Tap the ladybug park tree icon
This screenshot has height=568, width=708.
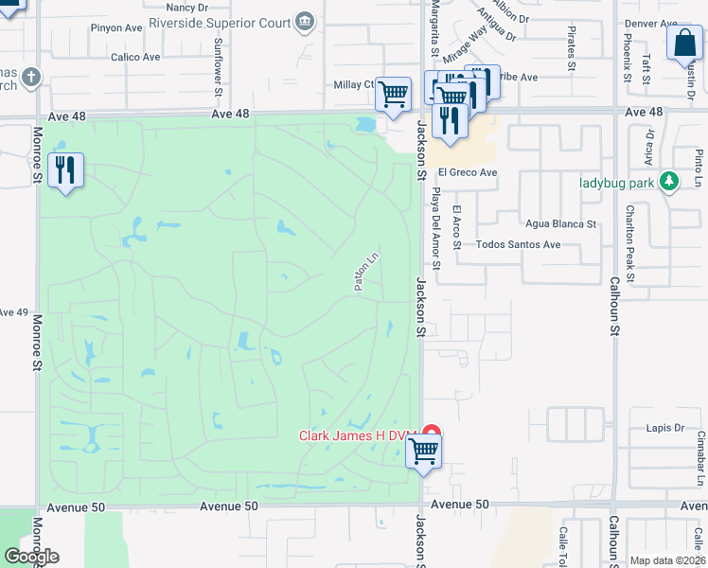click(x=670, y=180)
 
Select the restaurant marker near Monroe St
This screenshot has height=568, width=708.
click(x=65, y=170)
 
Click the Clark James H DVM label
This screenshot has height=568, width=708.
click(x=358, y=435)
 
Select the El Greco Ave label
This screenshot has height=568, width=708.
click(x=467, y=173)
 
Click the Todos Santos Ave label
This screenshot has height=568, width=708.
click(x=518, y=244)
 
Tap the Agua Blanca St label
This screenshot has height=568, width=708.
click(x=562, y=224)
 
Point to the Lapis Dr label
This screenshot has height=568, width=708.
click(x=665, y=428)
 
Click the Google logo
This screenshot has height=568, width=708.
click(x=30, y=557)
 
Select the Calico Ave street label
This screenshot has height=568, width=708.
click(x=135, y=57)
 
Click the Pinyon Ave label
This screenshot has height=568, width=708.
click(x=116, y=28)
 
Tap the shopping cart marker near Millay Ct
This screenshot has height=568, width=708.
click(x=393, y=94)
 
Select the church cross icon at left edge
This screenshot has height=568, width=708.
click(x=30, y=76)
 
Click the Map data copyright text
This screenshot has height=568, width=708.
click(x=667, y=560)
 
